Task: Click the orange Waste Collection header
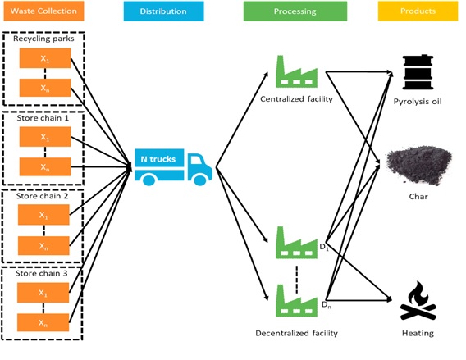tap(43, 11)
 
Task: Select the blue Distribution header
tap(163, 11)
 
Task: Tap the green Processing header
tap(295, 11)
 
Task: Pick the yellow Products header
tap(418, 11)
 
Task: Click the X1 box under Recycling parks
tap(45, 58)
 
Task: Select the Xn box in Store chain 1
tap(45, 166)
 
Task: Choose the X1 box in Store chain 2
tap(43, 215)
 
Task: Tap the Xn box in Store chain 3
tap(43, 322)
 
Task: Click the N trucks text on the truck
tap(158, 159)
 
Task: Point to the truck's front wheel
tap(199, 179)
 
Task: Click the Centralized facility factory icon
tap(296, 71)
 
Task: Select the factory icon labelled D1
tap(296, 243)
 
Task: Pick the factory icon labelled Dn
tap(296, 300)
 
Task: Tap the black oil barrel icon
tap(418, 72)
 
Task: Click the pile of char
tap(418, 166)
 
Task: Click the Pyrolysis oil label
tap(418, 102)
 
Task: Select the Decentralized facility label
tap(297, 333)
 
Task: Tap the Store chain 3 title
tap(42, 273)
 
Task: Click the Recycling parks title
tap(43, 39)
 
